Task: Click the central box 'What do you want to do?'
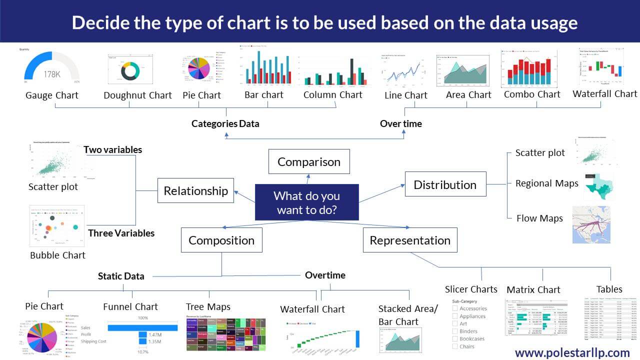pyautogui.click(x=306, y=202)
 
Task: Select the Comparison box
pyautogui.click(x=308, y=162)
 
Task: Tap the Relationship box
pyautogui.click(x=195, y=190)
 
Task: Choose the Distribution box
pyautogui.click(x=444, y=184)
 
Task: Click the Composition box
pyautogui.click(x=221, y=240)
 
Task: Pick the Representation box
pyautogui.click(x=409, y=240)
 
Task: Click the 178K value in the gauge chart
pyautogui.click(x=51, y=74)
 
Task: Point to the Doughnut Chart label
pyautogui.click(x=137, y=95)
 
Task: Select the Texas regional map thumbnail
pyautogui.click(x=599, y=186)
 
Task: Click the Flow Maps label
pyautogui.click(x=539, y=218)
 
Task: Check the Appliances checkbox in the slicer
pyautogui.click(x=455, y=316)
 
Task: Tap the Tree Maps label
pyautogui.click(x=208, y=306)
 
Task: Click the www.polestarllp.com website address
pyautogui.click(x=572, y=352)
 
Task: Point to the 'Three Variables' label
pyautogui.click(x=121, y=233)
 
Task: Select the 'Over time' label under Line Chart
pyautogui.click(x=400, y=123)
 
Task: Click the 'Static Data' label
pyautogui.click(x=121, y=276)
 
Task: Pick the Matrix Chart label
pyautogui.click(x=533, y=289)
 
